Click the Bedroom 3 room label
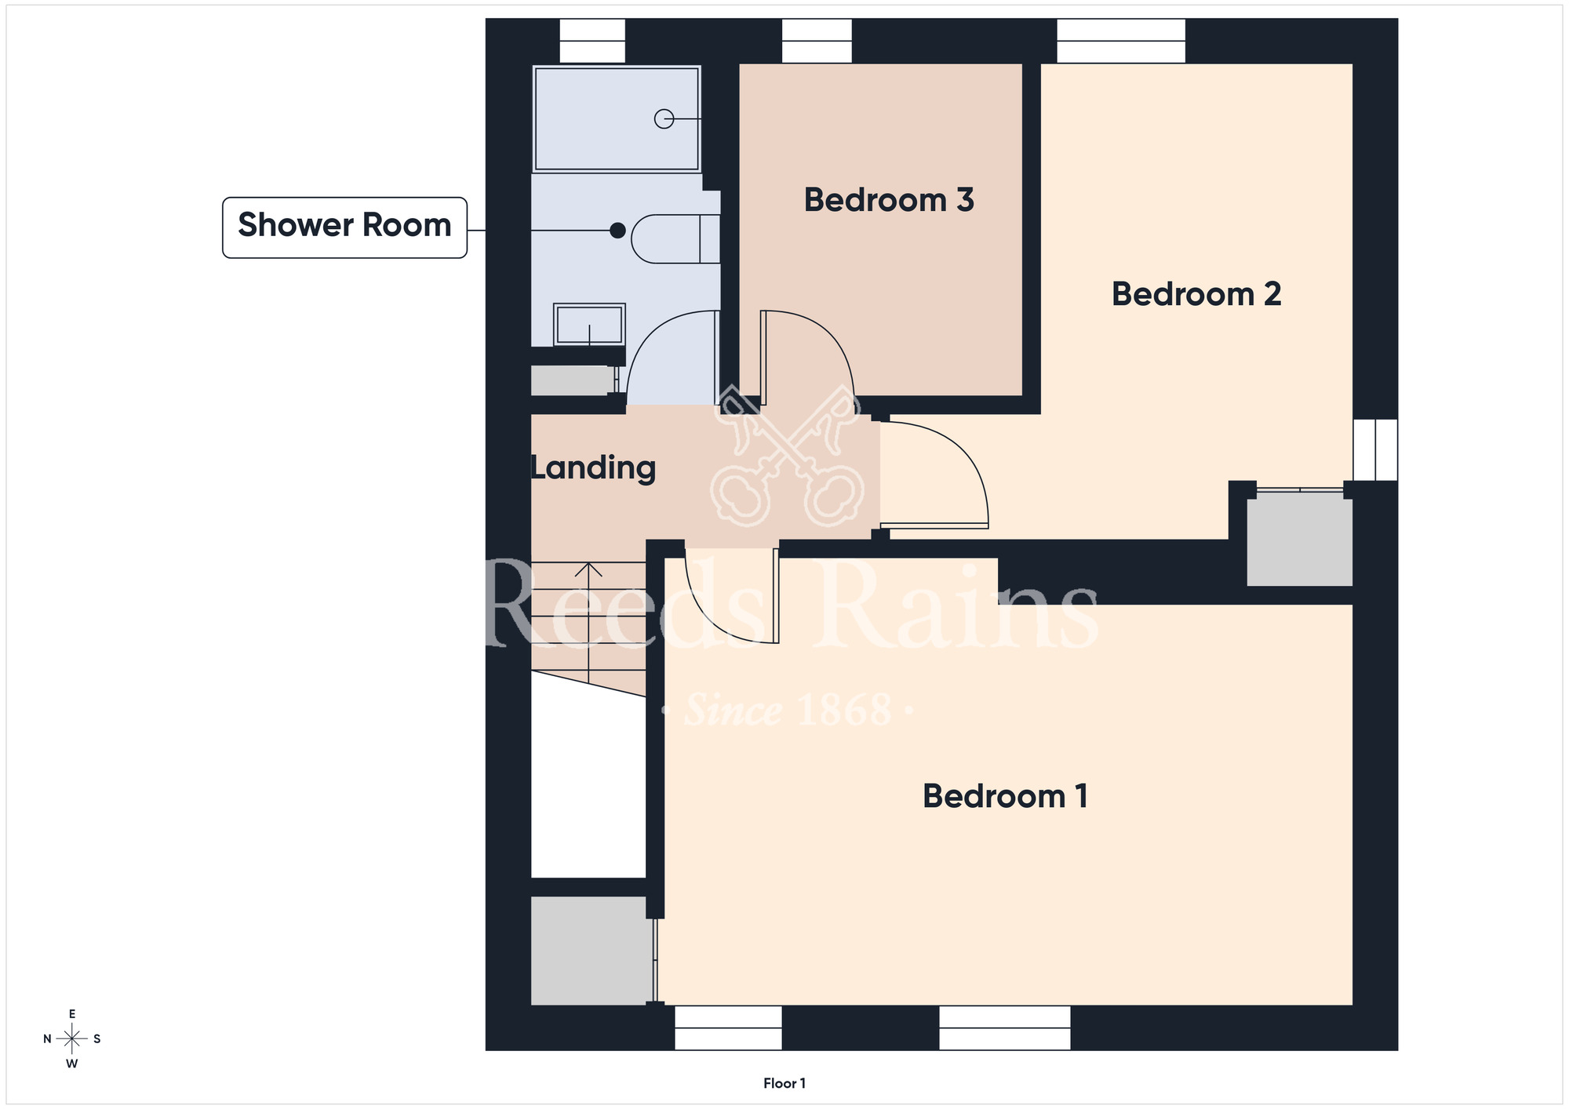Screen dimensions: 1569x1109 click(889, 200)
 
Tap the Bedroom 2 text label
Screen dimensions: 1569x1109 click(1196, 294)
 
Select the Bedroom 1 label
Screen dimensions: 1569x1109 click(1005, 796)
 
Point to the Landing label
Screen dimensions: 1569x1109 click(593, 467)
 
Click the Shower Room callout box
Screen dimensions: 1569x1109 click(344, 227)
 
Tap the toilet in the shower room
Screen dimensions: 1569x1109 click(675, 238)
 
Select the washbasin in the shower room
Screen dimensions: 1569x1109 click(589, 325)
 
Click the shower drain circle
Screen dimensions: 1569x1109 click(664, 118)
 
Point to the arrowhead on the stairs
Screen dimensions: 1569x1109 click(588, 569)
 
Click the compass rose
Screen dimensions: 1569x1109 click(72, 1039)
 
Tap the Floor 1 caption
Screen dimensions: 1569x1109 click(784, 1083)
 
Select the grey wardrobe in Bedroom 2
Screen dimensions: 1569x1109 click(1299, 539)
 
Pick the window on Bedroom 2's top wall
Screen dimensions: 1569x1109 click(1121, 41)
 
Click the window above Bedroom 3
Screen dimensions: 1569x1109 click(817, 41)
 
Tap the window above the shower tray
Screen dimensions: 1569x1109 click(592, 41)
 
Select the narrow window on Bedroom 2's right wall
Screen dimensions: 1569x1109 click(1375, 449)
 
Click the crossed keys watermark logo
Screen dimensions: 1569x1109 click(788, 456)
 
